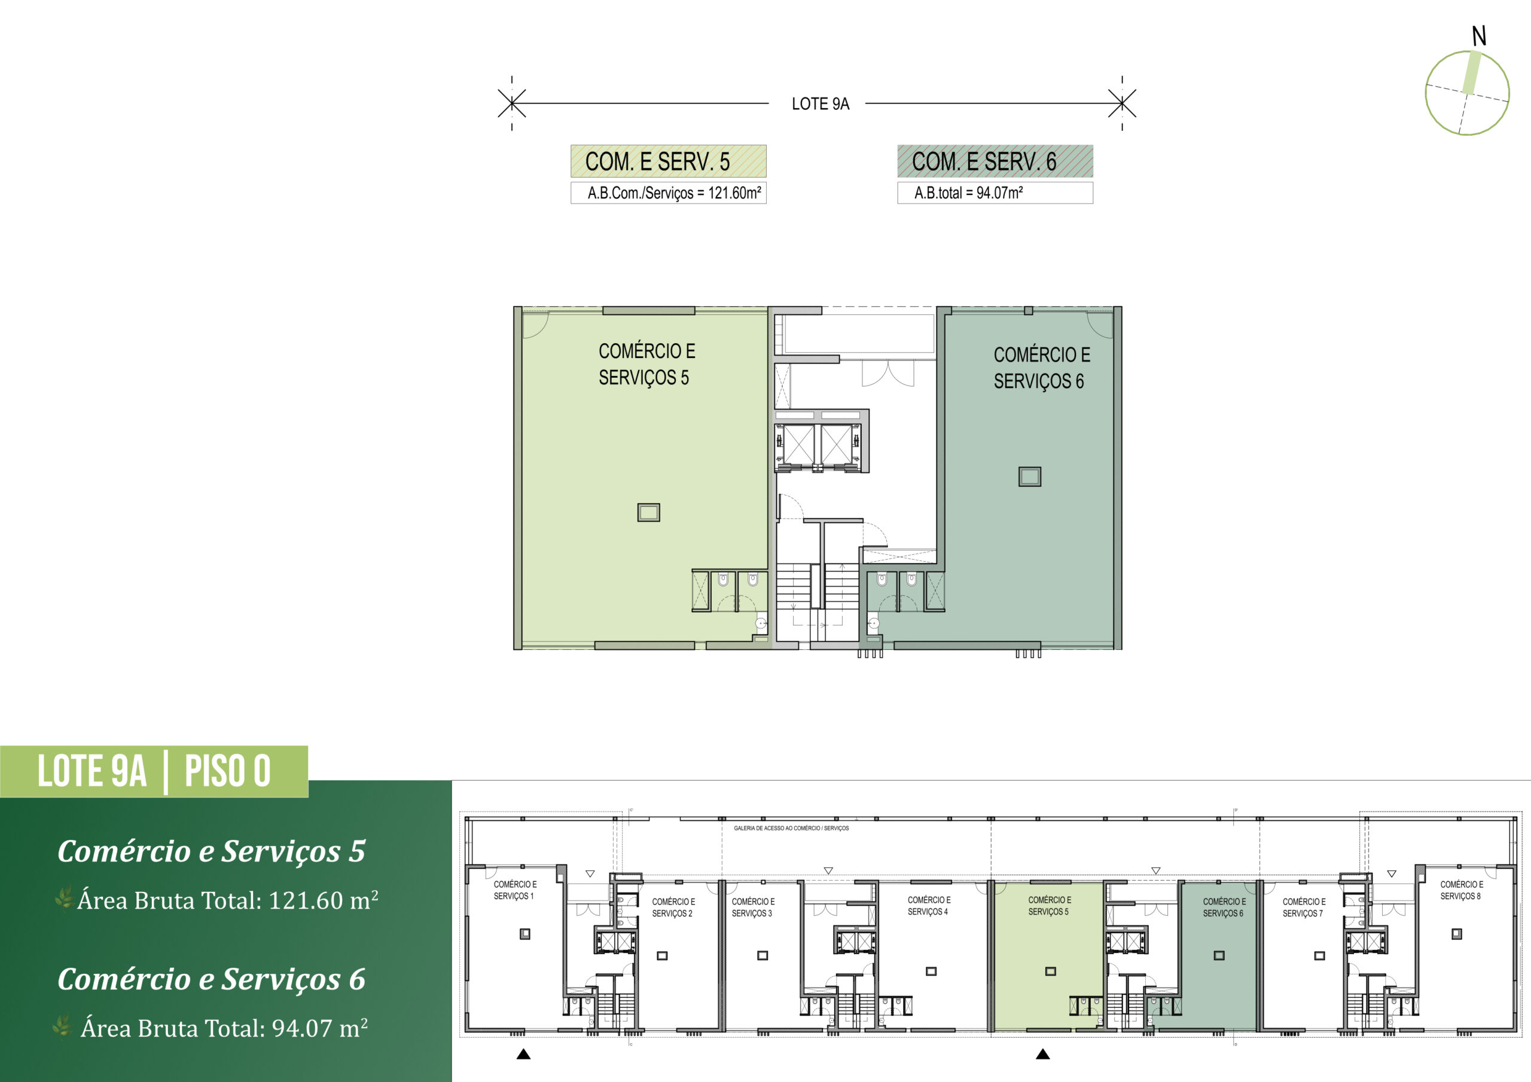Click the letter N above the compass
[1479, 36]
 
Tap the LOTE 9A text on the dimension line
[820, 104]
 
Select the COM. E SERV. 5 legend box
[668, 161]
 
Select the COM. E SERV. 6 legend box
[995, 161]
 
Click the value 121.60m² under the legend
[734, 192]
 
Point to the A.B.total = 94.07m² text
[968, 192]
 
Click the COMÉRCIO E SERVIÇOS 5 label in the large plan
[646, 364]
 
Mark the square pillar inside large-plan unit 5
[648, 512]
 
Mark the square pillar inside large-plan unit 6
[1030, 476]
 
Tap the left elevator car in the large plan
[798, 444]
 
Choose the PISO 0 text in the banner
[227, 771]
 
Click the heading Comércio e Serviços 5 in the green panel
[211, 851]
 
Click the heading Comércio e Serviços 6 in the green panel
[211, 979]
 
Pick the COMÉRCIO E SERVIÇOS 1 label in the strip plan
[515, 890]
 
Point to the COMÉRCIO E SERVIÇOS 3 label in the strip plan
[753, 907]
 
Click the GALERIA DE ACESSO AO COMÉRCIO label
[791, 828]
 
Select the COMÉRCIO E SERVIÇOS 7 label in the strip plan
[1304, 907]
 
